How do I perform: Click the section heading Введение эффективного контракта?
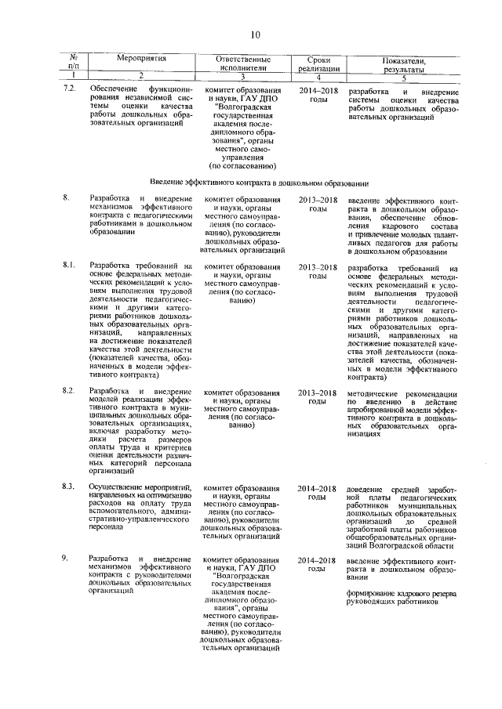point(260,182)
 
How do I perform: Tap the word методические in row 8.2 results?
point(373,391)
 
